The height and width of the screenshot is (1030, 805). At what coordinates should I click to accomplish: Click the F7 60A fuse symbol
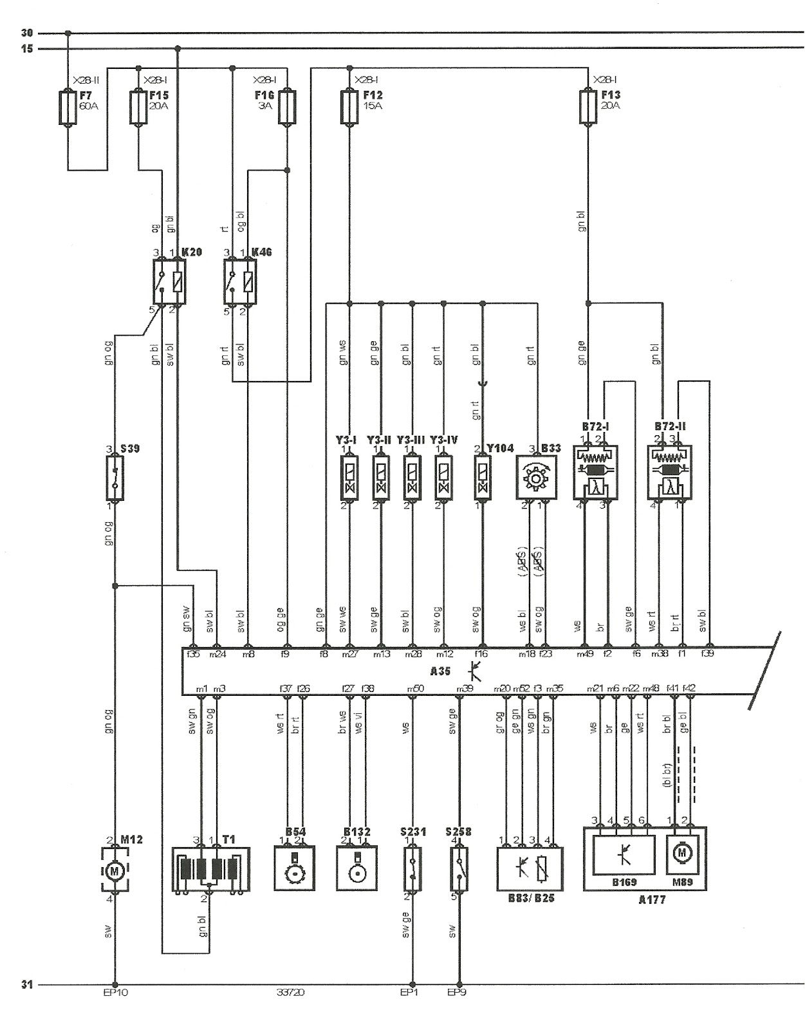point(68,107)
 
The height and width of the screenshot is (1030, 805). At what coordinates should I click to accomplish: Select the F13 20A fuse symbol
point(588,107)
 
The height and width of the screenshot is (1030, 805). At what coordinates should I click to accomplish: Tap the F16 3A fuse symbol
point(287,107)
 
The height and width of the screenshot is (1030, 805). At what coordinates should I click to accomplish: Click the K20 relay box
point(169,282)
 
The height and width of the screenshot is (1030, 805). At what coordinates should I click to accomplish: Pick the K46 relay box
point(240,282)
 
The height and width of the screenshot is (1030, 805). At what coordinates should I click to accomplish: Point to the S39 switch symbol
point(115,478)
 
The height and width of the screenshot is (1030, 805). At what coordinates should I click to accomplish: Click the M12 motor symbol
point(115,871)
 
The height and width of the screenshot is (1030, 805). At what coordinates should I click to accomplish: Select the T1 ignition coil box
point(211,869)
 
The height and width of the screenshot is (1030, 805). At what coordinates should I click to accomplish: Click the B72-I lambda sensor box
point(596,472)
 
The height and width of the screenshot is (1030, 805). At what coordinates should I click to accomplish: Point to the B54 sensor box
point(294,869)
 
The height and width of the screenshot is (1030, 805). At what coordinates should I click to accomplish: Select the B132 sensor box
point(356,869)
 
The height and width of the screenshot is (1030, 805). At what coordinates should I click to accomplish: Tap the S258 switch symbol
point(459,869)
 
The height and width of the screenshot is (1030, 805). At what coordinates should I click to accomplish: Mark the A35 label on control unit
point(441,671)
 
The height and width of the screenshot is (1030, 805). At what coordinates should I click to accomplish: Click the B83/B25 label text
point(531,898)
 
